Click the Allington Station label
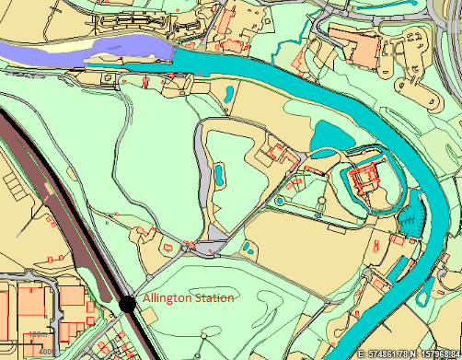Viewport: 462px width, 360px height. [x=188, y=298]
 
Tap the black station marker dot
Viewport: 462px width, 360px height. [x=128, y=302]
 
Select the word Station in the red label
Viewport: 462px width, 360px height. [x=213, y=298]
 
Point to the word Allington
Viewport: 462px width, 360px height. [x=166, y=298]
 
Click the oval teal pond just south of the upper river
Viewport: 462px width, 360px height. [x=226, y=92]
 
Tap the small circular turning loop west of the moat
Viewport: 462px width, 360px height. [x=278, y=200]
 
